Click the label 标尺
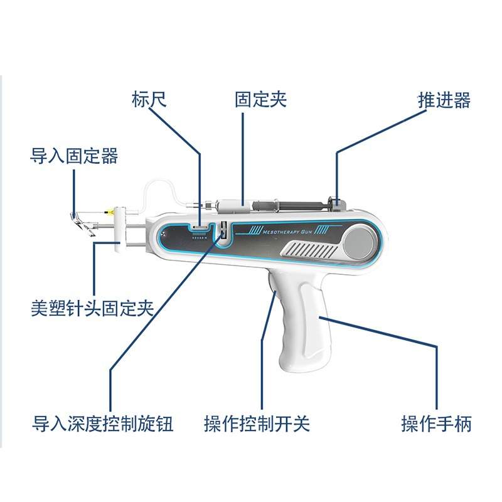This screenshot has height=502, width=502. pyautogui.click(x=149, y=100)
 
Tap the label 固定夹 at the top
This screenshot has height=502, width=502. pyautogui.click(x=260, y=100)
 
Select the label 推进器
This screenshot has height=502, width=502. pyautogui.click(x=444, y=100)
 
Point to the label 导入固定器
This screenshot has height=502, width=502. pyautogui.click(x=74, y=156)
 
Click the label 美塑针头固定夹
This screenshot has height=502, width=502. pyautogui.click(x=92, y=307)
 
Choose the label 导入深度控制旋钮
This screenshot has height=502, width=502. pyautogui.click(x=102, y=424)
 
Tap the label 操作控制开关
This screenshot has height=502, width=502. pyautogui.click(x=257, y=424)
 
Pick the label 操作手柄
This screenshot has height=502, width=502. pyautogui.click(x=436, y=424)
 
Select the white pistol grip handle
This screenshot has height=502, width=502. pyautogui.click(x=301, y=326)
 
